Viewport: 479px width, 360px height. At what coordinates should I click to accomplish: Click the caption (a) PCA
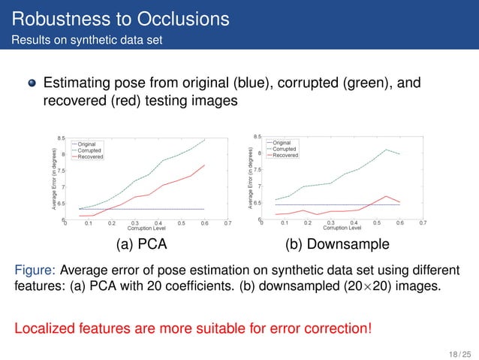pyautogui.click(x=137, y=244)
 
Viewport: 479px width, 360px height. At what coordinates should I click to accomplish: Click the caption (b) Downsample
pyautogui.click(x=336, y=244)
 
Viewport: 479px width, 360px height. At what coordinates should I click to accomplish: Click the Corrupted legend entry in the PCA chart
pyautogui.click(x=89, y=150)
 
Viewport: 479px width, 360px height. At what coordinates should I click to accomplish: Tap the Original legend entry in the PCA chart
pyautogui.click(x=87, y=144)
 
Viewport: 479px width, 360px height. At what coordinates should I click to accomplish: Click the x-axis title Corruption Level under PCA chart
pyautogui.click(x=146, y=228)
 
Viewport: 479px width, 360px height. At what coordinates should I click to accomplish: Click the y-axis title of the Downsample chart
pyautogui.click(x=252, y=179)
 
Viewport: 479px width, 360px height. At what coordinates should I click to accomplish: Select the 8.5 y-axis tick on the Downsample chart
pyautogui.click(x=257, y=137)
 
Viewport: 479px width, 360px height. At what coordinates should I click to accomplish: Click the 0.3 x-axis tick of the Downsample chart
pyautogui.click(x=330, y=223)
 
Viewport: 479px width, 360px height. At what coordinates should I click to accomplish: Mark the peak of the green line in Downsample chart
pyautogui.click(x=386, y=150)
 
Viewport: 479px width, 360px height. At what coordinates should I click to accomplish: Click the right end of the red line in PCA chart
pyautogui.click(x=204, y=165)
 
